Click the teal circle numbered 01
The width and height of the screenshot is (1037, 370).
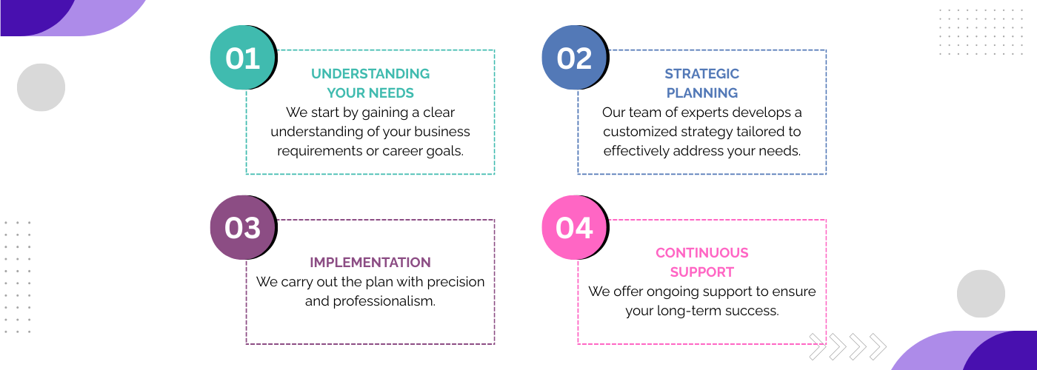[x=243, y=58]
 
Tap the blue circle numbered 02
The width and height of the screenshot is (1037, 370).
[x=574, y=58]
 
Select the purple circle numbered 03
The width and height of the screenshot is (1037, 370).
[x=243, y=227]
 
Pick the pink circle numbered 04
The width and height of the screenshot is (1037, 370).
[x=574, y=227]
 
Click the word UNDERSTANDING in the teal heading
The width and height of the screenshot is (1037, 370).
[x=370, y=73]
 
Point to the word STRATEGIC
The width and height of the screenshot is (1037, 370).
[x=702, y=73]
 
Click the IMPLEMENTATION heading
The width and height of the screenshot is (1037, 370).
[x=370, y=262]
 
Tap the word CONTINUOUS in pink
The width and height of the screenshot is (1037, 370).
[x=702, y=252]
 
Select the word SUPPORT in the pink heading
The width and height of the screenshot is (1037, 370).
[x=702, y=272]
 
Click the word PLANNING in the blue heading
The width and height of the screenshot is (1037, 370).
[x=702, y=93]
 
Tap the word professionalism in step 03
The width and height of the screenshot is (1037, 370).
[x=384, y=301]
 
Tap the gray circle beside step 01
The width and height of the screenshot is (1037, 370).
[x=41, y=87]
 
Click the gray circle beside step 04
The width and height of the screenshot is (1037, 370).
[x=981, y=294]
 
